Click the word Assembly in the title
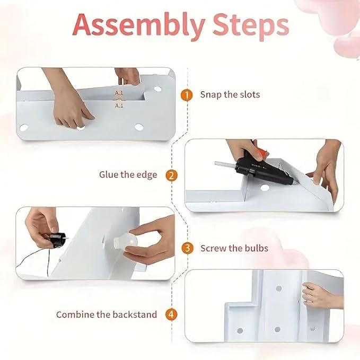tap(139, 25)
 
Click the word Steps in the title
tap(251, 26)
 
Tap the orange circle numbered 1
tap(187, 95)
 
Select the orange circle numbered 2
tap(171, 175)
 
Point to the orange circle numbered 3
tap(187, 248)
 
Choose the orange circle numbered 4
tap(171, 314)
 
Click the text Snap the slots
tap(230, 94)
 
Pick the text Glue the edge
tap(128, 175)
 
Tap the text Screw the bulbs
tap(234, 248)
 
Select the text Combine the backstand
tap(107, 314)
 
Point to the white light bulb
tap(126, 243)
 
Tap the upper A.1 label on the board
tap(119, 93)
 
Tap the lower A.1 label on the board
tap(119, 106)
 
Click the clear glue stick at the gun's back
tap(225, 165)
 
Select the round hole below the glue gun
tap(265, 188)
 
